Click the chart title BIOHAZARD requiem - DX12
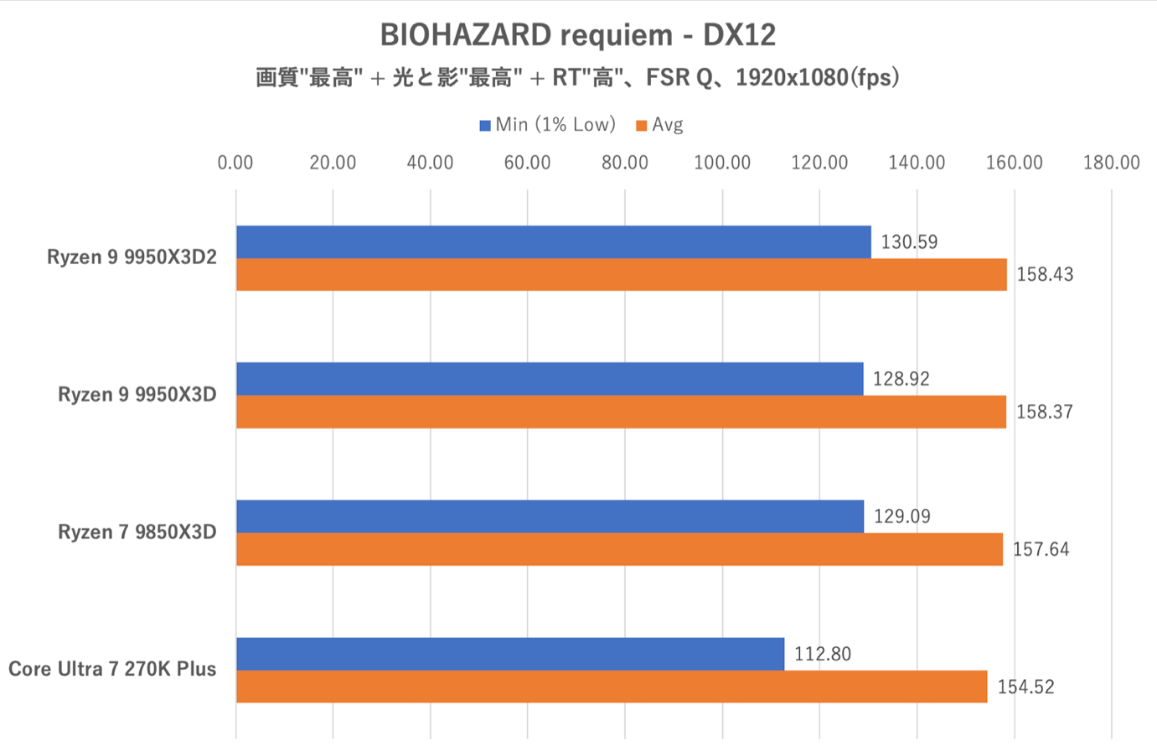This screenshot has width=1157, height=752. click(578, 35)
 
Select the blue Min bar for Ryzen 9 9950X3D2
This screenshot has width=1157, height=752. click(553, 242)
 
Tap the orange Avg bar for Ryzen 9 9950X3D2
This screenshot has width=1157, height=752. click(621, 275)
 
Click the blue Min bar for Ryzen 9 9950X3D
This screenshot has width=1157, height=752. click(550, 379)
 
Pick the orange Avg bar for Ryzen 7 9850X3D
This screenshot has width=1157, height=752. click(619, 549)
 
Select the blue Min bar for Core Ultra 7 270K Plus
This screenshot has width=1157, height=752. click(510, 654)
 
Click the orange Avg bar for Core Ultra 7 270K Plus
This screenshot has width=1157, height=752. click(612, 687)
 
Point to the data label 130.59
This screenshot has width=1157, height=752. click(909, 242)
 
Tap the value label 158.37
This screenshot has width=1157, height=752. click(1044, 412)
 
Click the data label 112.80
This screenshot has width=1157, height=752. click(823, 654)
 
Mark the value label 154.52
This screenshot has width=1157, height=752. click(1025, 687)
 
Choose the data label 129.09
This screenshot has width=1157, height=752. click(901, 516)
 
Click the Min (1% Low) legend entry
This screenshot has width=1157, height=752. click(548, 125)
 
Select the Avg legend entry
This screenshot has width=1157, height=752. click(660, 125)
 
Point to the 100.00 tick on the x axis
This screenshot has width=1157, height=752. click(722, 163)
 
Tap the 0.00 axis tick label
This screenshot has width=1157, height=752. click(235, 163)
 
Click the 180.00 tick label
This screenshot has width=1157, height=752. click(1111, 163)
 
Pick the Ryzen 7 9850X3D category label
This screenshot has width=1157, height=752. click(137, 532)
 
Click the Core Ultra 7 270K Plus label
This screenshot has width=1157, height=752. click(112, 669)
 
